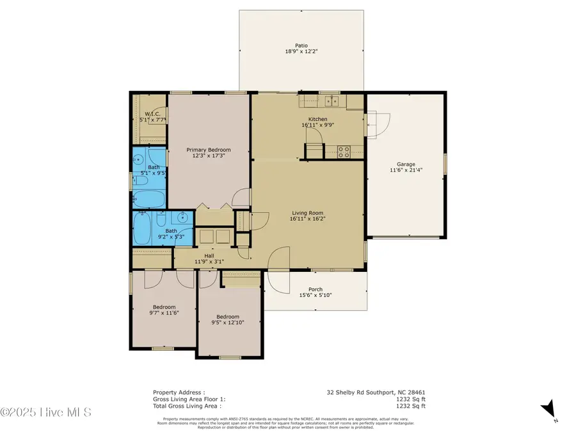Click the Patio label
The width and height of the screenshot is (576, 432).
point(301,45)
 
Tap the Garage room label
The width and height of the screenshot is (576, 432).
point(410,163)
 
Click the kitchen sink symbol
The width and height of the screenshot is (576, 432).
point(331,100)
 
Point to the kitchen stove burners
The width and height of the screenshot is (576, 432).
point(344,152)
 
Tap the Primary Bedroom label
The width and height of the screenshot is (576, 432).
point(209,150)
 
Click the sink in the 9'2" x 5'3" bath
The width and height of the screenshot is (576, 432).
point(183,218)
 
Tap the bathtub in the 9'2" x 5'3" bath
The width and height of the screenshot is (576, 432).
point(143,228)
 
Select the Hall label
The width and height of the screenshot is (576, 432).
point(209,255)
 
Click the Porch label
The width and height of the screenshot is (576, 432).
point(316,289)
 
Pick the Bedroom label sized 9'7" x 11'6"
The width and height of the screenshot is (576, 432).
point(164,307)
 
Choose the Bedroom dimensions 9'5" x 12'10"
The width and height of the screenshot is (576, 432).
point(228,323)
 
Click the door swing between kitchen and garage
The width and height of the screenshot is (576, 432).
point(377,123)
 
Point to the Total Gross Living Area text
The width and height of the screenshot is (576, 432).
point(187,405)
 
